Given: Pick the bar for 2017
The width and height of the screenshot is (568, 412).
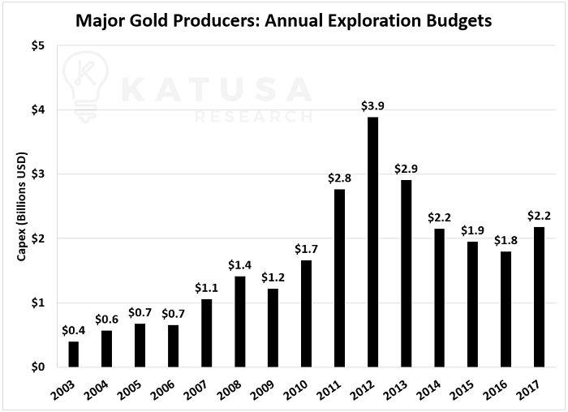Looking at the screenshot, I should [539, 296].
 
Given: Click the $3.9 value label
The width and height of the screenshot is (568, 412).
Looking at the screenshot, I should [372, 105].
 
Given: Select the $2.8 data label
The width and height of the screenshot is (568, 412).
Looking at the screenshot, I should [339, 178].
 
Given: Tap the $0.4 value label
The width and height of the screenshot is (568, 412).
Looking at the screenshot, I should [74, 329].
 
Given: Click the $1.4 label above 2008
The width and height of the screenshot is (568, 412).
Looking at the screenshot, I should [239, 265].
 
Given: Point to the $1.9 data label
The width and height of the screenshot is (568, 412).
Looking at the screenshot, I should [472, 230].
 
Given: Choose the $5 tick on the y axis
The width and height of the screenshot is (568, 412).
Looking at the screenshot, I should [38, 45].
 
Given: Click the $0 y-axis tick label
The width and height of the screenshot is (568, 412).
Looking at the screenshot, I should [38, 367].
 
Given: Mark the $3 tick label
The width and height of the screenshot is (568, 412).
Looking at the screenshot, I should [38, 174].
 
